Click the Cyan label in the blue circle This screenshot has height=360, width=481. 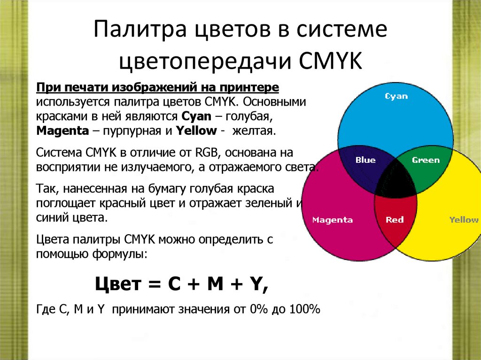(x=396, y=96)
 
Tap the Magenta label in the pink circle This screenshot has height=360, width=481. (x=333, y=220)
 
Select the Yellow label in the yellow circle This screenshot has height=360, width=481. (x=463, y=220)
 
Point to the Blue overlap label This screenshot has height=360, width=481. (x=365, y=160)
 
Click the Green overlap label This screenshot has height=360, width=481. (x=426, y=160)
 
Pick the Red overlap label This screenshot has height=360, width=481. (x=395, y=220)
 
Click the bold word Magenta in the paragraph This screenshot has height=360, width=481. (x=62, y=131)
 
